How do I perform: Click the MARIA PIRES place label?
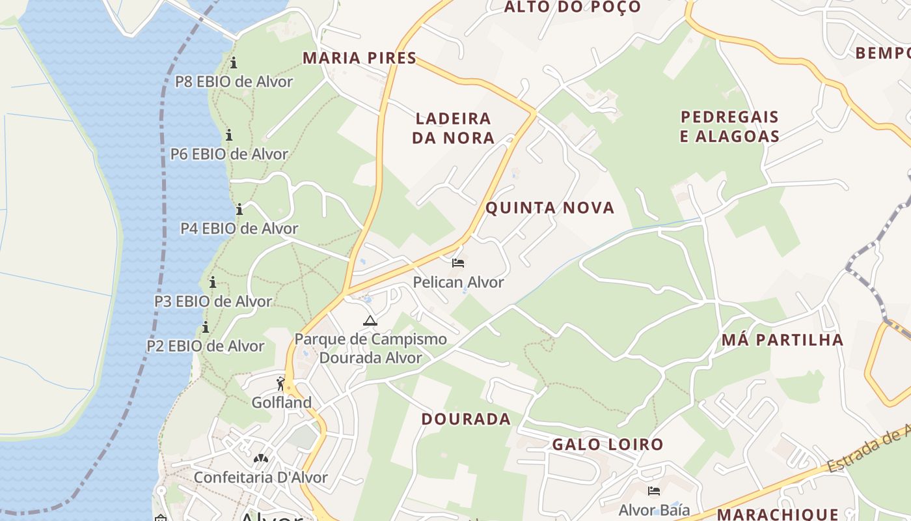tap(359, 58)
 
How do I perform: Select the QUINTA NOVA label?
tap(550, 208)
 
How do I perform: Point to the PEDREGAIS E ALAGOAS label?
tap(729, 126)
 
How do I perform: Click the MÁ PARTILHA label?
tap(782, 340)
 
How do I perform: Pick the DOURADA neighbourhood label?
tap(466, 419)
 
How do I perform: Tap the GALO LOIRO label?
tap(608, 445)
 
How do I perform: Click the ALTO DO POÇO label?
tap(573, 7)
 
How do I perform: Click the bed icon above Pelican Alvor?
tap(458, 263)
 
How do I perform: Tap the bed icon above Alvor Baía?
tap(654, 490)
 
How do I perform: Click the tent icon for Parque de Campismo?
tap(370, 320)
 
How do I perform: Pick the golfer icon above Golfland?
tap(281, 384)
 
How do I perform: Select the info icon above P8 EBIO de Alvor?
tap(234, 63)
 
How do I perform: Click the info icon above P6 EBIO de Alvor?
tap(229, 135)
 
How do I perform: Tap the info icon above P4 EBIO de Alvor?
tap(239, 209)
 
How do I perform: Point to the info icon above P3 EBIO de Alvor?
tap(213, 282)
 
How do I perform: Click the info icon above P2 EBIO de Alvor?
tap(206, 327)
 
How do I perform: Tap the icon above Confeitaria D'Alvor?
tap(260, 458)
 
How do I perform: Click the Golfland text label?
tap(282, 402)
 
